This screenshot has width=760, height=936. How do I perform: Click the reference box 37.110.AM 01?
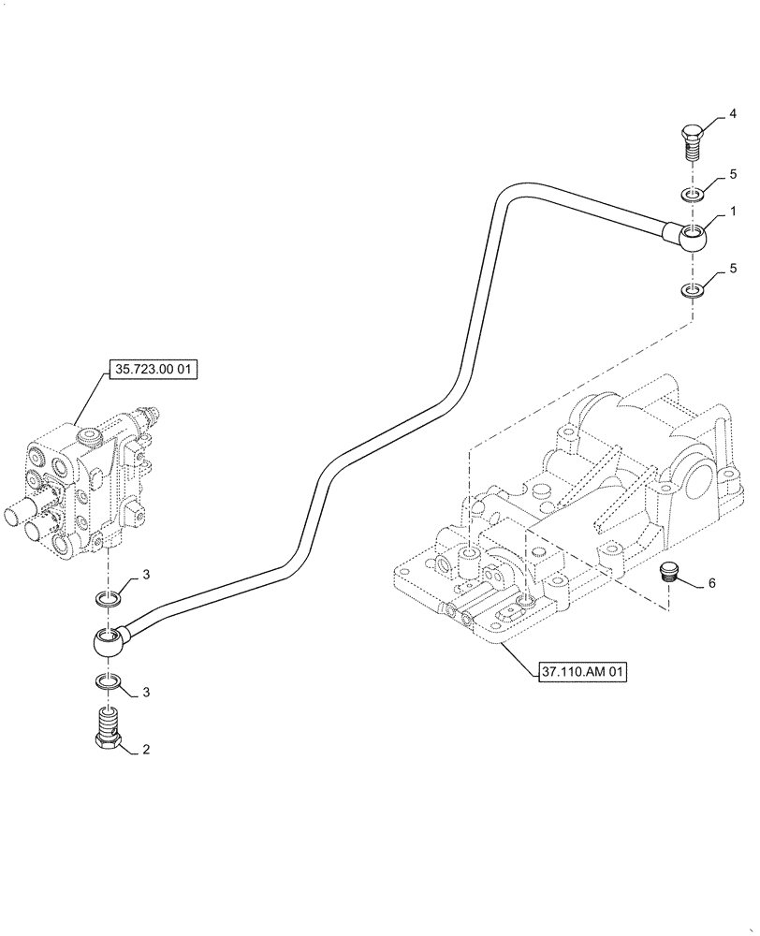581,671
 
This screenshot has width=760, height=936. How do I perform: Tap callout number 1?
734,212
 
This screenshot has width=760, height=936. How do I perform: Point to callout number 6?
711,583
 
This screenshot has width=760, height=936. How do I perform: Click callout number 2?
146,750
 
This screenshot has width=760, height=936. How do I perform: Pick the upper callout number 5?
734,175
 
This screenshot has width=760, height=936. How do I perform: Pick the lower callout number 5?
734,270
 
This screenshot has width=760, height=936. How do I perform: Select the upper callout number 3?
146,573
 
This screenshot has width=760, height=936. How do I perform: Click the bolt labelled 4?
690,145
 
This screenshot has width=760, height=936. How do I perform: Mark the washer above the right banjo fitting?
691,195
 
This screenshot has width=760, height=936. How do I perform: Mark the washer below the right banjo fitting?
691,290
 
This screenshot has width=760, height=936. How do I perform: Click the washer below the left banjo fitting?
109,681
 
